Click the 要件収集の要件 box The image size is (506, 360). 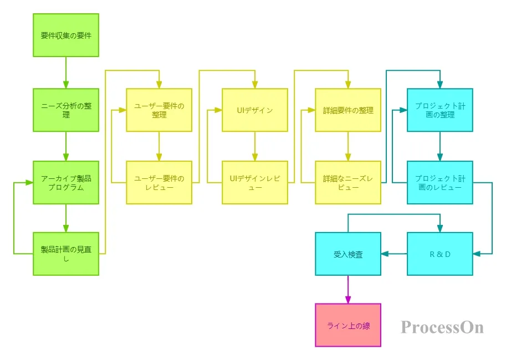[66, 35]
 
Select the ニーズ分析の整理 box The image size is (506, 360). [66, 110]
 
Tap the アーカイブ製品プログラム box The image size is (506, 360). [66, 183]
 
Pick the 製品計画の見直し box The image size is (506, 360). [66, 254]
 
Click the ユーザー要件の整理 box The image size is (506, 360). [159, 110]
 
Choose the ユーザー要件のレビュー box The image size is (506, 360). [159, 183]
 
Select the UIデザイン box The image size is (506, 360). [255, 110]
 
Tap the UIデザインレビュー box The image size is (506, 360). [255, 183]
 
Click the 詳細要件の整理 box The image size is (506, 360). [348, 110]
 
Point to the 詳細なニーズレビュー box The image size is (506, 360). [348, 183]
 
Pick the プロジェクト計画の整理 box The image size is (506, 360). [440, 110]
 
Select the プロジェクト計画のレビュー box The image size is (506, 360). [440, 183]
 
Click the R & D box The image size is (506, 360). [440, 254]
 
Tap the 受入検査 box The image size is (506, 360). [348, 254]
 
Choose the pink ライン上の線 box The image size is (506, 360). [348, 325]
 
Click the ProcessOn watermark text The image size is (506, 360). [442, 327]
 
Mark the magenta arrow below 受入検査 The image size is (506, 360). [348, 290]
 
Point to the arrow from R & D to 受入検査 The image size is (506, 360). [394, 254]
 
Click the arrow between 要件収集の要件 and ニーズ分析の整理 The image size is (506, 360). [66, 73]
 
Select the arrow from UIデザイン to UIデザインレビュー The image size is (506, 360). [255, 146]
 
